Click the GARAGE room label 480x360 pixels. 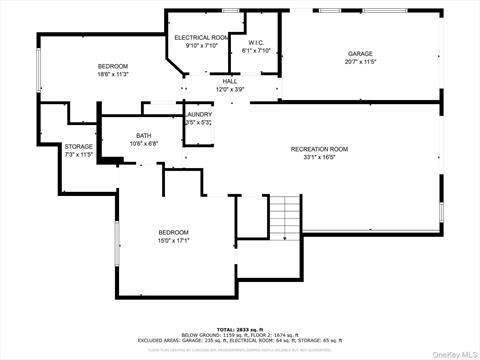click(360, 53)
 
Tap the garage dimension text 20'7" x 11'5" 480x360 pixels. click(360, 61)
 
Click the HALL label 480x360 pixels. click(230, 81)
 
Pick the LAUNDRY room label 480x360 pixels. click(198, 115)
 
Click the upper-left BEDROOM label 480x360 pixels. click(112, 66)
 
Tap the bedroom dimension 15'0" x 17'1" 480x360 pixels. click(173, 240)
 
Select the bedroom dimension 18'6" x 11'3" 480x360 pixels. click(112, 74)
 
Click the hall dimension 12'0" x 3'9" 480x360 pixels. click(230, 89)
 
